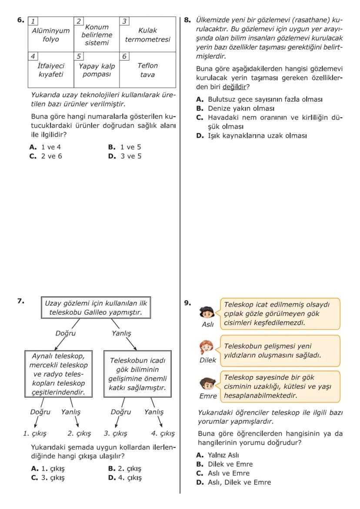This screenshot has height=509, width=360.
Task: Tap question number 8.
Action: pyautogui.click(x=188, y=20)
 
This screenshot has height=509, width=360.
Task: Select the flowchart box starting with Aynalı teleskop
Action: pyautogui.click(x=54, y=374)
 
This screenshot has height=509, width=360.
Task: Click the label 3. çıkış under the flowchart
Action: pyautogui.click(x=115, y=433)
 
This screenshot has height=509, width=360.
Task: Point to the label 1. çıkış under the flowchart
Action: pyautogui.click(x=35, y=433)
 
